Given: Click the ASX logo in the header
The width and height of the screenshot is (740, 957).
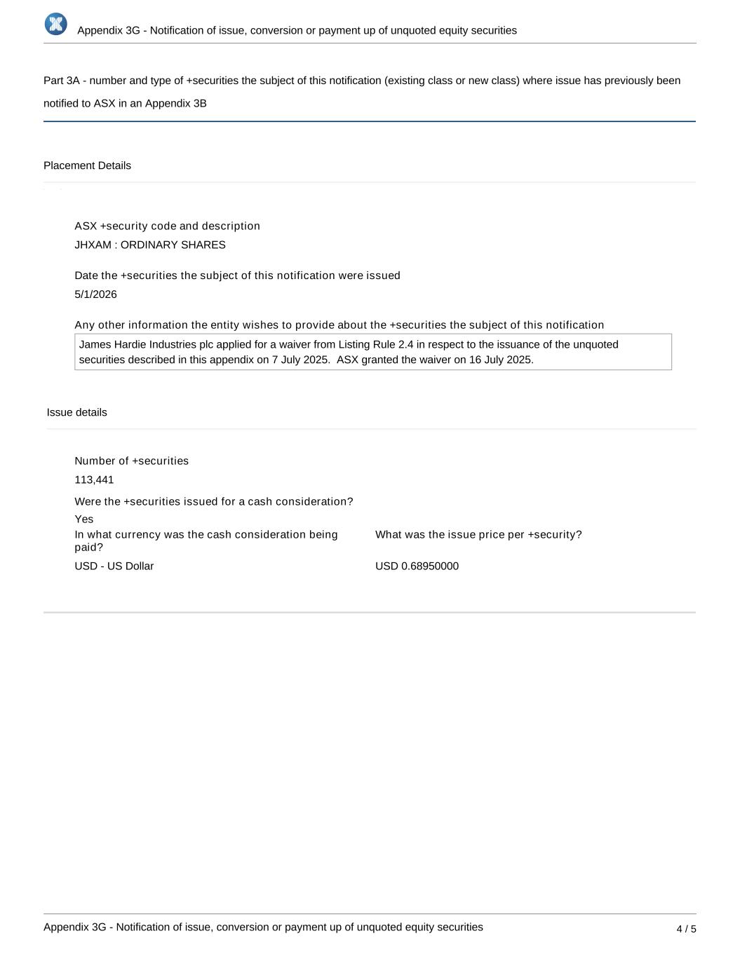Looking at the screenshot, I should click(x=56, y=24).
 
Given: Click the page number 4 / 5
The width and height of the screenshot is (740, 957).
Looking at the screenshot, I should click(x=686, y=929).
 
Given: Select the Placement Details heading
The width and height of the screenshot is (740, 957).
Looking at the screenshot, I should click(x=87, y=165).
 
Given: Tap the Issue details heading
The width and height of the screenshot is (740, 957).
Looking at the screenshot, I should click(x=77, y=412).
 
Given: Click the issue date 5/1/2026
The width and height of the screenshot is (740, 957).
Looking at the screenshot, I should click(x=96, y=294).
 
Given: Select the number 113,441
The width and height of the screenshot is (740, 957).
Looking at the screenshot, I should click(x=94, y=480).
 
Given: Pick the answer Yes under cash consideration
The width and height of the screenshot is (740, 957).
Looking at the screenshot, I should click(x=84, y=519).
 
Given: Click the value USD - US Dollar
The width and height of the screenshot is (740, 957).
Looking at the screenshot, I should click(x=114, y=566).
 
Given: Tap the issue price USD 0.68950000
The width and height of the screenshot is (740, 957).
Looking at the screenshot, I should click(x=417, y=566).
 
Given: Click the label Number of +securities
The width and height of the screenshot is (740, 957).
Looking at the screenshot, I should click(x=132, y=461).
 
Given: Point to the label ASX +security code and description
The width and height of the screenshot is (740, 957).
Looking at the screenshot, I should click(x=168, y=226).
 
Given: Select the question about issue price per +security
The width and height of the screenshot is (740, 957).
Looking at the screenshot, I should click(x=478, y=534).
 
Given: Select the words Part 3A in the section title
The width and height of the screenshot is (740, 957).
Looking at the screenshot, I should click(x=61, y=81).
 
